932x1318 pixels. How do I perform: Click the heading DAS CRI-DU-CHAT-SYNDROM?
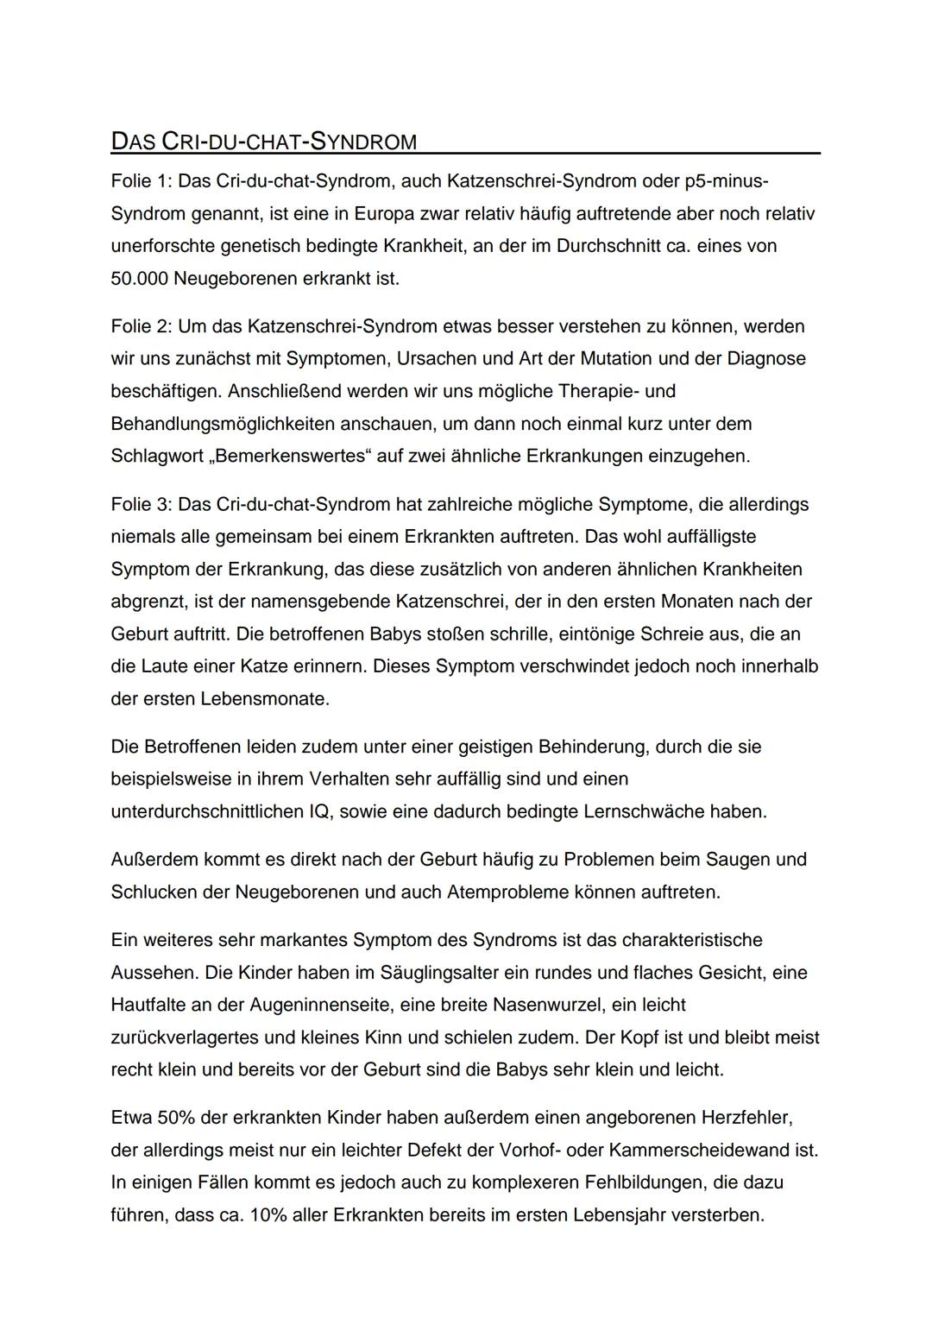click(x=264, y=142)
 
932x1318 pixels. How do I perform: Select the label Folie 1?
click(x=142, y=181)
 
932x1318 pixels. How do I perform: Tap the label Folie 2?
click(x=142, y=326)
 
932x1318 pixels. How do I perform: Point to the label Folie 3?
click(x=142, y=504)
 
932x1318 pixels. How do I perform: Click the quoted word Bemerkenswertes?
click(x=290, y=456)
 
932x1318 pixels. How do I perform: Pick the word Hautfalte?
click(x=148, y=1005)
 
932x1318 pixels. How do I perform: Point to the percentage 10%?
click(x=271, y=1215)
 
